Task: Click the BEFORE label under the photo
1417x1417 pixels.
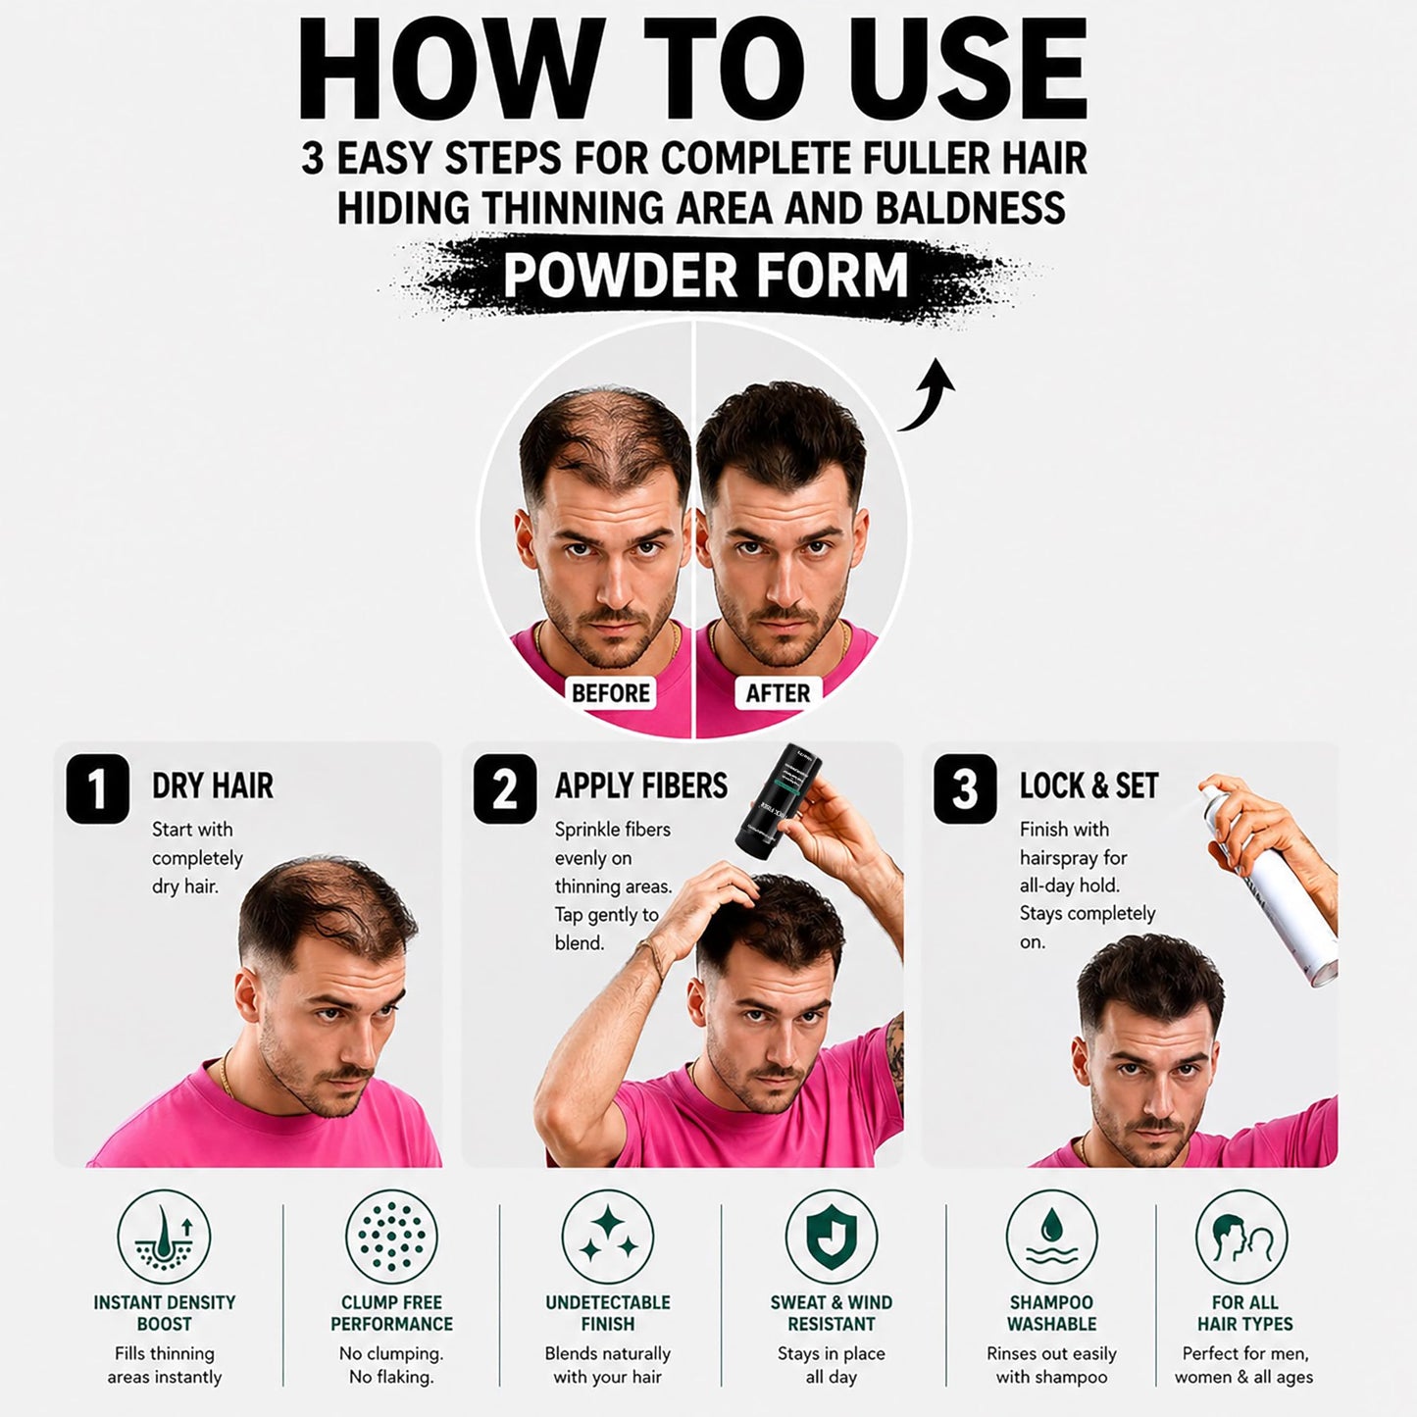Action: coord(610,692)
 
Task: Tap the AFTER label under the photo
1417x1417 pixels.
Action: coord(778,692)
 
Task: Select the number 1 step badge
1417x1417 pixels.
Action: coord(98,788)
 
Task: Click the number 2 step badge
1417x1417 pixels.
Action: coord(504,788)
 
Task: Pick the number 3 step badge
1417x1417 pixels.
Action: coord(965,788)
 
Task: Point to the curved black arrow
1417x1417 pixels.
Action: coord(928,401)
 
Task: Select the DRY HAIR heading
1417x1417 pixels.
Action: coord(213,785)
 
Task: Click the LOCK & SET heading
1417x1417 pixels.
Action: coord(1088,785)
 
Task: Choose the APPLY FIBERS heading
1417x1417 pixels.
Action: coord(641,785)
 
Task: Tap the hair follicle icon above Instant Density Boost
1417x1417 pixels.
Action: coord(164,1237)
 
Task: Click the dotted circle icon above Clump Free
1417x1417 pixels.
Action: coord(392,1237)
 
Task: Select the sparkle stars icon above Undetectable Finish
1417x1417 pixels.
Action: coord(608,1237)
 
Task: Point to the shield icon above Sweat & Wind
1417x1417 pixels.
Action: coord(832,1237)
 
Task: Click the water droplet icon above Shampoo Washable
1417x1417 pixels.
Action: coord(1051,1237)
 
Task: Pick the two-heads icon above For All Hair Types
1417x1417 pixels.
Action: coord(1242,1237)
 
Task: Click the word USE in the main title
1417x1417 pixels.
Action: coord(973,69)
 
